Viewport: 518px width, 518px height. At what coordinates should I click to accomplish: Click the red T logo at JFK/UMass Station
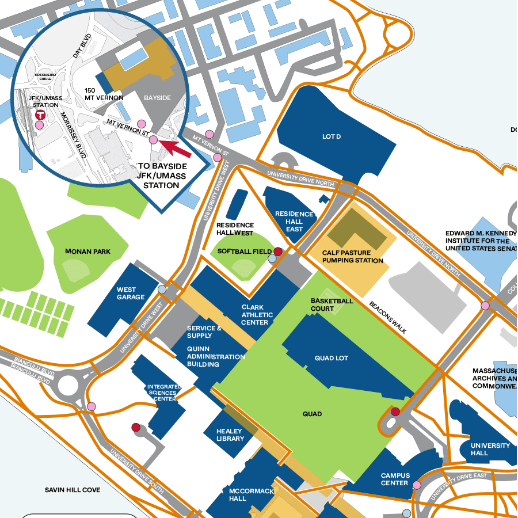point(40,115)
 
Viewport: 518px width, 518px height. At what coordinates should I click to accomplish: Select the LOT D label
point(331,136)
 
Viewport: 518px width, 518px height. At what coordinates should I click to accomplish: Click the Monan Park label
point(88,252)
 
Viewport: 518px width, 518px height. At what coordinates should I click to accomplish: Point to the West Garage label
point(131,294)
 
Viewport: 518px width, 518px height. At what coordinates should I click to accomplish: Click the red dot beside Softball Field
point(277,252)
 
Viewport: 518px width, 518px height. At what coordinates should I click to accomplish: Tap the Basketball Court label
point(332,304)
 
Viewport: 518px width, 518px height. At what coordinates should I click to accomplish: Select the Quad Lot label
point(332,358)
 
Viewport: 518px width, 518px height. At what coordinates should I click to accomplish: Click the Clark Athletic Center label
point(255,315)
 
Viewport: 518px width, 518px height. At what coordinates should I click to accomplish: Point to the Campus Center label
point(395,479)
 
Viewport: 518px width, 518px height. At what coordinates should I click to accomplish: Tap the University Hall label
point(490,449)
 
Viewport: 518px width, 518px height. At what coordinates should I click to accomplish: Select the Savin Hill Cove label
point(73,490)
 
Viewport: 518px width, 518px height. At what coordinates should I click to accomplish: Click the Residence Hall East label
point(294,222)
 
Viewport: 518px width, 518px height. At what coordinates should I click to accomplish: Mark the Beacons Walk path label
point(388,318)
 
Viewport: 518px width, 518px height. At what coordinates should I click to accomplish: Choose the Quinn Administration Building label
point(215,356)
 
